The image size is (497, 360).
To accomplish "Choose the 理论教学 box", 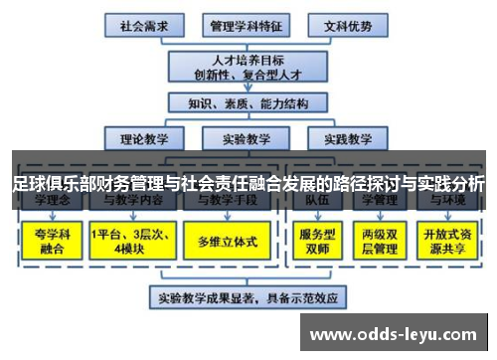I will pyautogui.click(x=144, y=138).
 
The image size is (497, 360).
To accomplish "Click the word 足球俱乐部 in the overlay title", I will pyautogui.click(x=46, y=184).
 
